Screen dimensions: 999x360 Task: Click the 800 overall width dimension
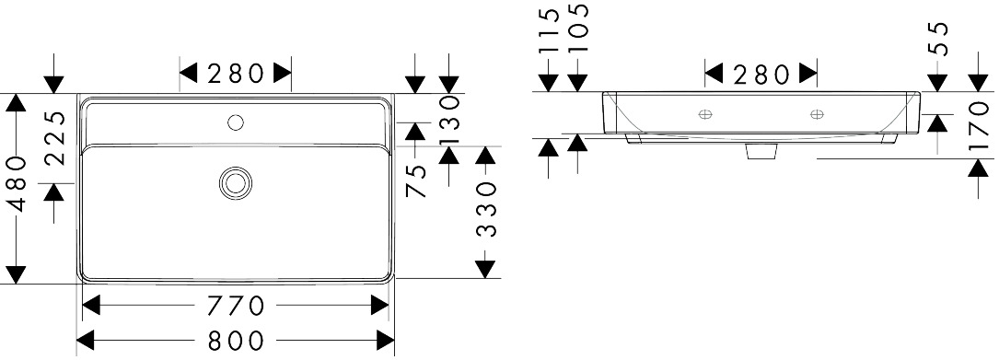pos(236,341)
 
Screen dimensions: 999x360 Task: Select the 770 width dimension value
pos(236,306)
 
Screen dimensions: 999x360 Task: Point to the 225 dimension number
pos(56,138)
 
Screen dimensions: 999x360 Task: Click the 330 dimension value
pos(486,210)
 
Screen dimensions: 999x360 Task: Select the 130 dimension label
pos(449,121)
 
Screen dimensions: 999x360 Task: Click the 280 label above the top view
pos(236,74)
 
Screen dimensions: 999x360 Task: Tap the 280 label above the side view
pos(761,75)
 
